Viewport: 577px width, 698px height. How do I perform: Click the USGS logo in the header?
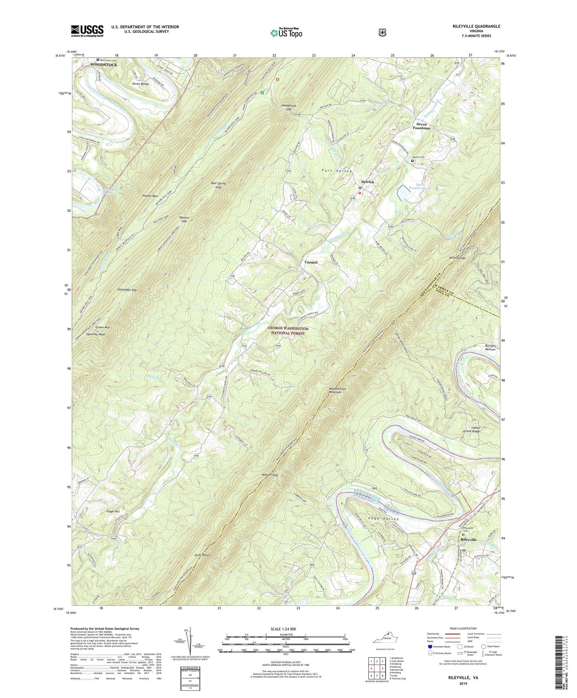(87, 30)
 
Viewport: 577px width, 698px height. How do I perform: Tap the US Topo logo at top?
(286, 33)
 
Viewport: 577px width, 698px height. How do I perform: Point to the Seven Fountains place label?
(421, 126)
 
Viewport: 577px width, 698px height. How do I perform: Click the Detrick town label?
(367, 182)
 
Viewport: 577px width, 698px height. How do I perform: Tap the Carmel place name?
(311, 262)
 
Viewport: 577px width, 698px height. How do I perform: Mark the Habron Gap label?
(270, 475)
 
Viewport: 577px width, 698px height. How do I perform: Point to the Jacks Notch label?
(202, 555)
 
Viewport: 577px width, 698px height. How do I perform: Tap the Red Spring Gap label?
(218, 185)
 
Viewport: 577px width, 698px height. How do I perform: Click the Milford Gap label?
(457, 258)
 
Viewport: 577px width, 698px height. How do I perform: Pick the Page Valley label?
(377, 519)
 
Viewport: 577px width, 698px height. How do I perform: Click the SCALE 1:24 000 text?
(283, 629)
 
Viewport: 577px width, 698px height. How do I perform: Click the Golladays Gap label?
(127, 289)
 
